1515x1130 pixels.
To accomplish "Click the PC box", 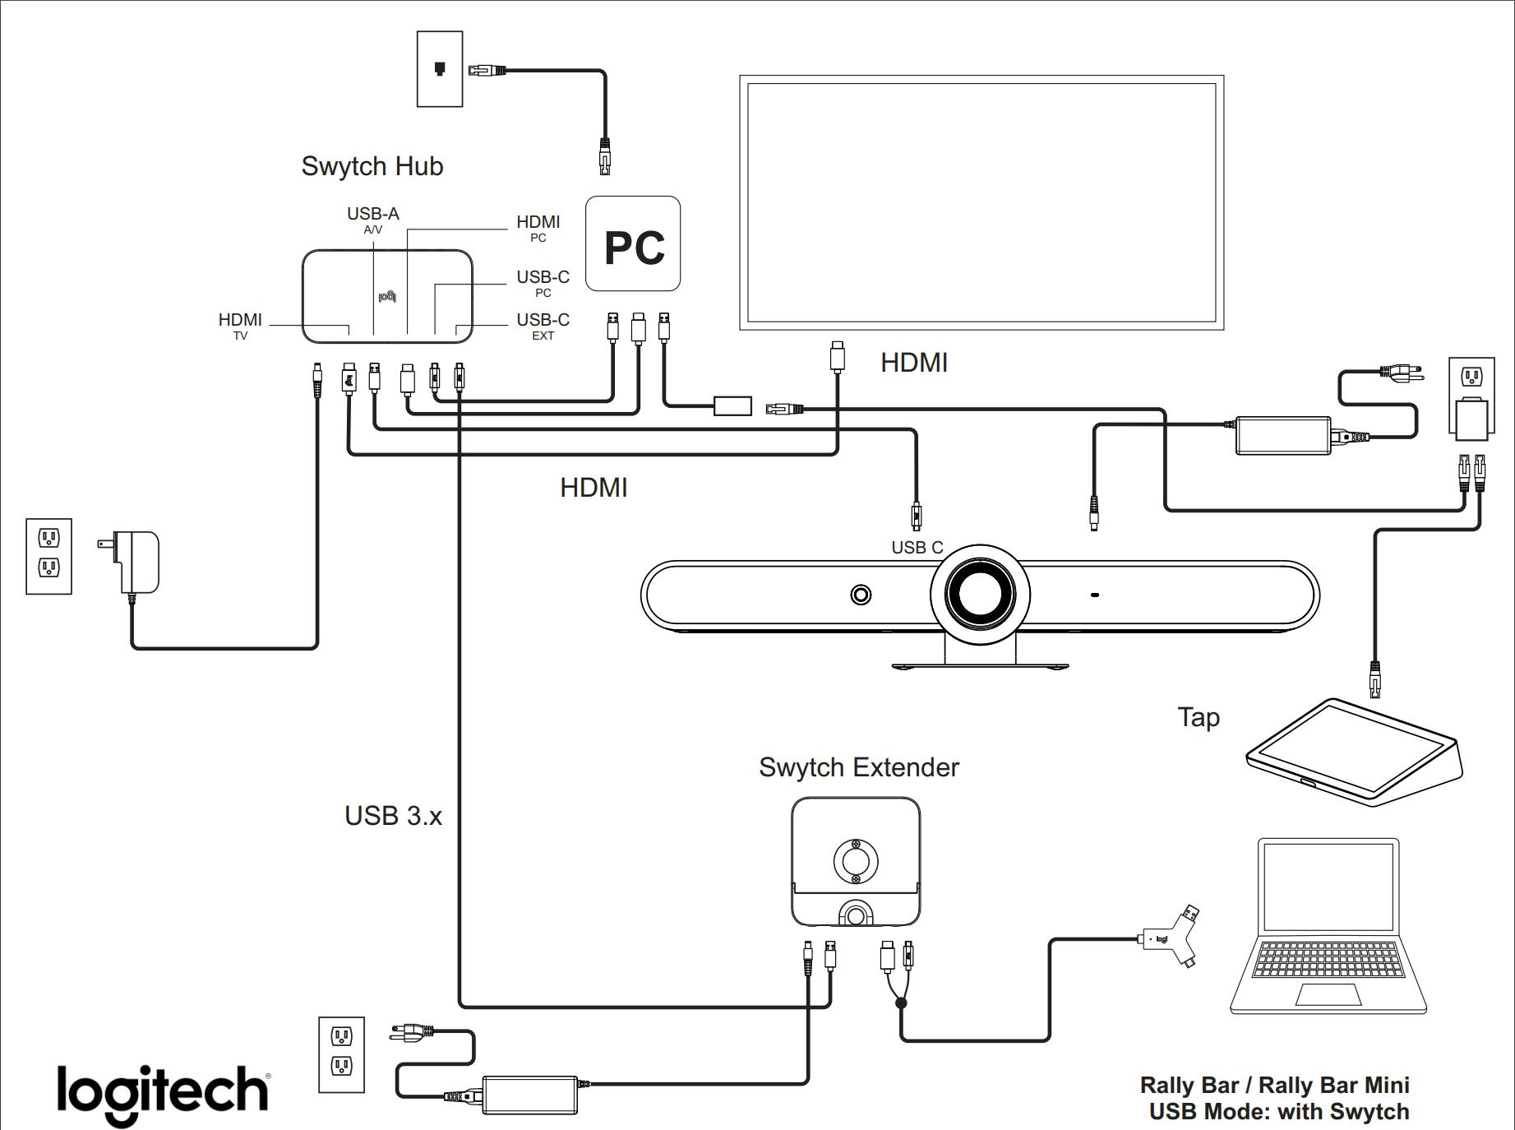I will click(632, 243).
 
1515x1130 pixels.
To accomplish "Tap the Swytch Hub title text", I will click(372, 166).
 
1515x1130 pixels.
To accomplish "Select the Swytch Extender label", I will click(858, 767).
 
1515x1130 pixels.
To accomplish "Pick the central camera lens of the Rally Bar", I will click(978, 594).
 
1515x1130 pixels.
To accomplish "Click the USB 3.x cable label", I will click(393, 816).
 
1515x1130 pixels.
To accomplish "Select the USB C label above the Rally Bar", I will click(917, 548).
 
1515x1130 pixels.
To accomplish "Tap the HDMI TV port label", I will click(240, 325).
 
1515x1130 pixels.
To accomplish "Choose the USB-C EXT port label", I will click(543, 325).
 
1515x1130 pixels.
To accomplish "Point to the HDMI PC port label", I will click(538, 227).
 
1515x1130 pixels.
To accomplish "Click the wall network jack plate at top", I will click(440, 69).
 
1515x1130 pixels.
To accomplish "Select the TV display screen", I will click(982, 202).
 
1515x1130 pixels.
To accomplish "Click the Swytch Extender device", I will click(856, 862).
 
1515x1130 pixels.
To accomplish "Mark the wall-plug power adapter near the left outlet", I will click(136, 561).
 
